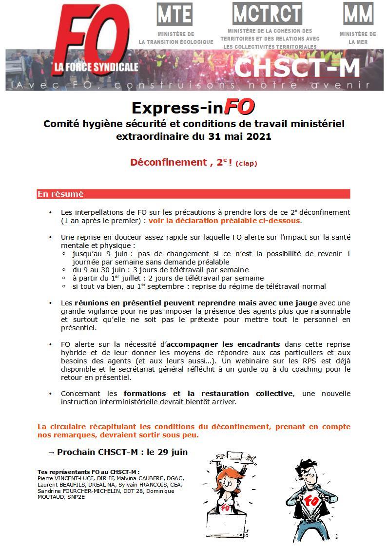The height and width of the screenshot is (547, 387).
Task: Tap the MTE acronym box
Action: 174,14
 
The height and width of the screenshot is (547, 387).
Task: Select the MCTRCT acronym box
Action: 267,13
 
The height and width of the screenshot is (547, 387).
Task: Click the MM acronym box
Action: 358,14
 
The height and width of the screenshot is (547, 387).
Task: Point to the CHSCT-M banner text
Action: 297,69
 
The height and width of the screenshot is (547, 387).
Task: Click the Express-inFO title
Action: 193,107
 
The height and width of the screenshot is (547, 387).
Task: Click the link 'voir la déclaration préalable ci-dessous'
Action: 225,221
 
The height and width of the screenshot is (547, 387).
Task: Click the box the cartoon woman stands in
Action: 226,524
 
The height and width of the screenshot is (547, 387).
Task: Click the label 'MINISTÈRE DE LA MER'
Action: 358,38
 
